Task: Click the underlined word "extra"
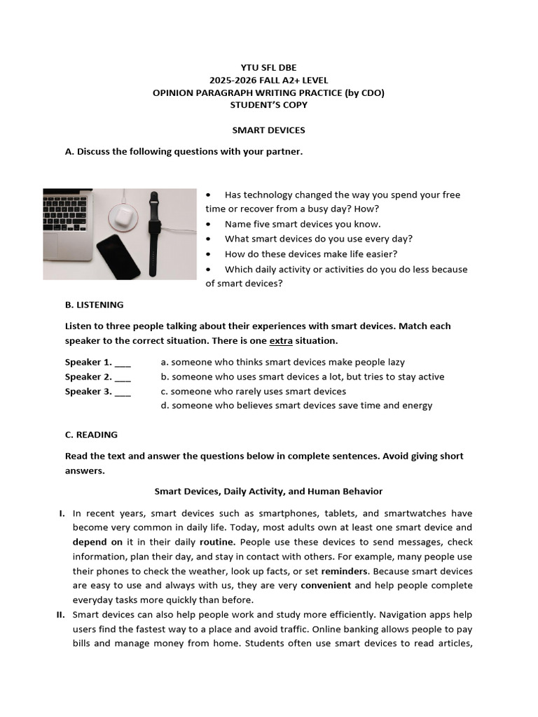click(x=281, y=341)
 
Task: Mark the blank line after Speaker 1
click(x=123, y=363)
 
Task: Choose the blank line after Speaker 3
click(x=123, y=392)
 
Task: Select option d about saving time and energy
click(x=296, y=405)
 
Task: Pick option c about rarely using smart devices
click(x=253, y=391)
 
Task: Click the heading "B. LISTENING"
click(x=94, y=305)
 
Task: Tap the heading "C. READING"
click(x=91, y=435)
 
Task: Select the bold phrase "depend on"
click(x=98, y=542)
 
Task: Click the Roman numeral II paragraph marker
click(x=61, y=615)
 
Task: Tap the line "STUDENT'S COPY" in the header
click(x=268, y=105)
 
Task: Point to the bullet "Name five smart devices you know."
click(x=303, y=224)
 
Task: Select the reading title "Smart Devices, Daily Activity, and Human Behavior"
click(x=268, y=492)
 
